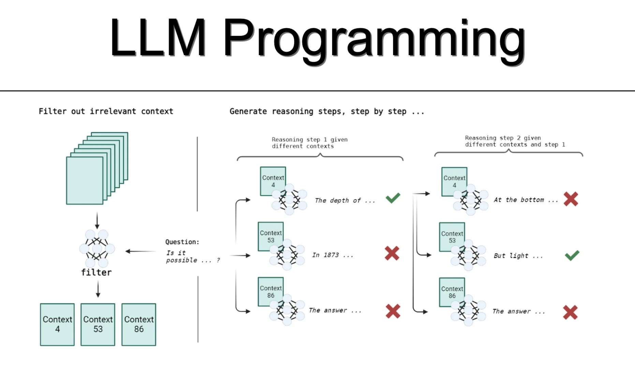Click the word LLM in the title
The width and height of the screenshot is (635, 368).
(158, 37)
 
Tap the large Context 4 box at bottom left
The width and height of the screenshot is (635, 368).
(57, 324)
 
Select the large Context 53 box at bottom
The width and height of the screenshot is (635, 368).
(98, 324)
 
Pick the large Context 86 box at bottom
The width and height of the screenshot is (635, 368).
(139, 324)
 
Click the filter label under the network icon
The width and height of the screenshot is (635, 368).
(97, 272)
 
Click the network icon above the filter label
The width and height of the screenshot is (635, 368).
(97, 248)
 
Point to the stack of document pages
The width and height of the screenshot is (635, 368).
(97, 168)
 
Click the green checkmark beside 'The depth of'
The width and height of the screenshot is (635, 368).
(393, 198)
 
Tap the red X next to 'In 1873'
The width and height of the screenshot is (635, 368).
(392, 254)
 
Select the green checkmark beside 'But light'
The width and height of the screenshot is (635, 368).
(572, 256)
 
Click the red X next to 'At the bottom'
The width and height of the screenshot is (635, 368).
(571, 199)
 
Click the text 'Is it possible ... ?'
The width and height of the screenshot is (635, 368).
(192, 257)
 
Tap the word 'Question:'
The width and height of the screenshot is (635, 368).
(182, 242)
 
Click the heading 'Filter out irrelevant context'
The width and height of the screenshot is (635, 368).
(106, 111)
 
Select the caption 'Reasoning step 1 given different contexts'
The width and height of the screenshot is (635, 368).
(309, 143)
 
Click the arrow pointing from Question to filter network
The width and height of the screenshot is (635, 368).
(141, 251)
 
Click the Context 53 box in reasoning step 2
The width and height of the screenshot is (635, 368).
(452, 236)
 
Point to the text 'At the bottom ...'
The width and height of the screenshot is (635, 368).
(525, 200)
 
